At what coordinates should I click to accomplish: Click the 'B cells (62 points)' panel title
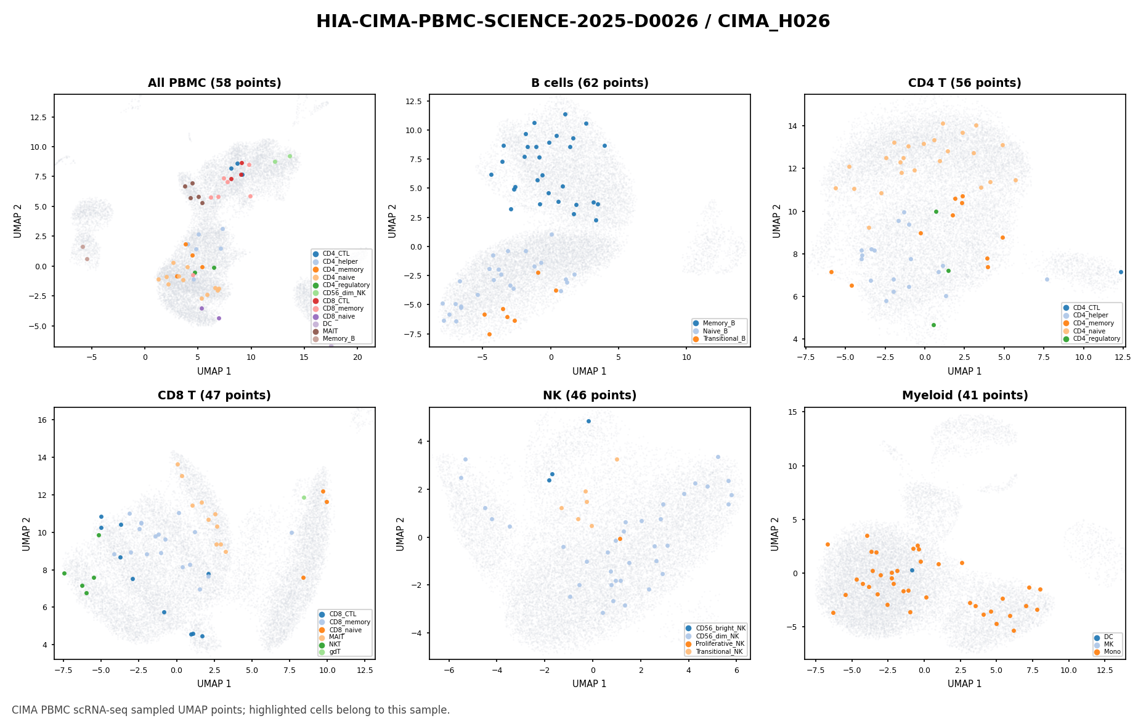tap(590, 83)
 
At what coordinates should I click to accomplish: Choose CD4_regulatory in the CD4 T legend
tap(1091, 339)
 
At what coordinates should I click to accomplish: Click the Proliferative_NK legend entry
tap(715, 644)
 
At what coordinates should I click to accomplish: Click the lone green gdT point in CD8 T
tap(304, 497)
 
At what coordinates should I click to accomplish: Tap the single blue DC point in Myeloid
tap(912, 570)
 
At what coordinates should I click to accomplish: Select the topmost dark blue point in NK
tap(588, 422)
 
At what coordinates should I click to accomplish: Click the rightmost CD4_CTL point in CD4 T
tap(1121, 272)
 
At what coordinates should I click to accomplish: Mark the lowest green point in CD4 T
tap(933, 325)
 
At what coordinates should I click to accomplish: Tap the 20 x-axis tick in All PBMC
tap(357, 356)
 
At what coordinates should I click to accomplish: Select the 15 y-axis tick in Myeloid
tap(794, 412)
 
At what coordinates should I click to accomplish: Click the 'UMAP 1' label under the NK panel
tap(590, 683)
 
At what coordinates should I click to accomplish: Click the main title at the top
tap(573, 22)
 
